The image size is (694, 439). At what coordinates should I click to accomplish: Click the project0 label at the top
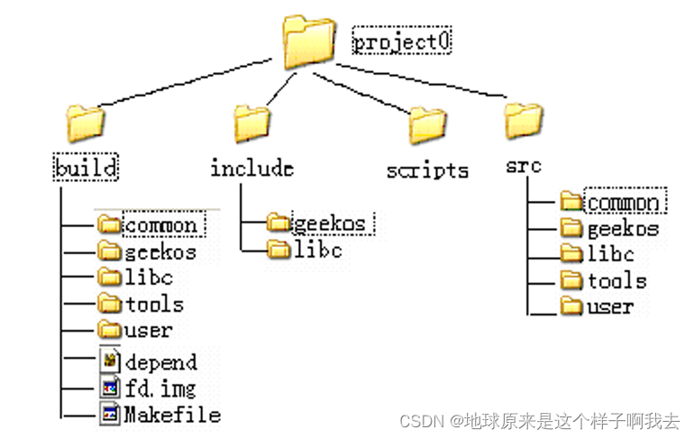click(402, 41)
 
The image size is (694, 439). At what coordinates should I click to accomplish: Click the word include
click(251, 168)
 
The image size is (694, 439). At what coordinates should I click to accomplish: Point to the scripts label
click(427, 170)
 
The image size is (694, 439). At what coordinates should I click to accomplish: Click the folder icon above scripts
click(427, 123)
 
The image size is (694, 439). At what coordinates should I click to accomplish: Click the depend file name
click(160, 362)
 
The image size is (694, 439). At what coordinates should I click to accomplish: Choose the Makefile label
click(171, 415)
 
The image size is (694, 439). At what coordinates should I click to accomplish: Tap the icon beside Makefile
click(109, 414)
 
